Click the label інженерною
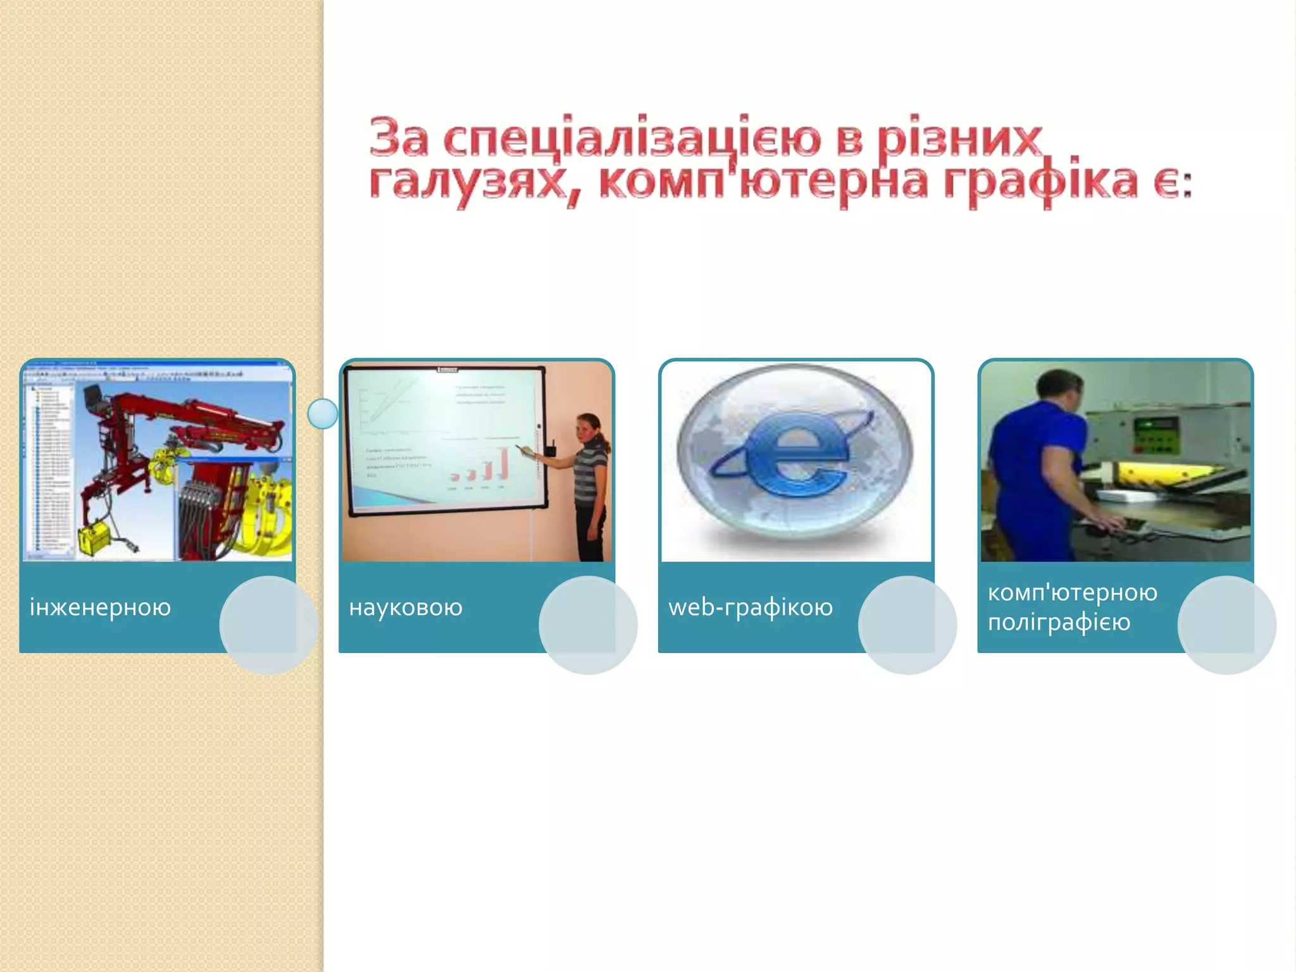[100, 607]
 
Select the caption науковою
[406, 607]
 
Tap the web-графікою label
[751, 607]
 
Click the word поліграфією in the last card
[1059, 623]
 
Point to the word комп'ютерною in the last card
[1073, 593]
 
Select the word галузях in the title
[467, 182]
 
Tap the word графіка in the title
[1041, 182]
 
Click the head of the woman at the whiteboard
[589, 427]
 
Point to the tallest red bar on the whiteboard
[504, 463]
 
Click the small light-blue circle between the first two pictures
[323, 414]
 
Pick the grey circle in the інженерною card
[268, 625]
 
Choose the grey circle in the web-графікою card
[907, 625]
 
